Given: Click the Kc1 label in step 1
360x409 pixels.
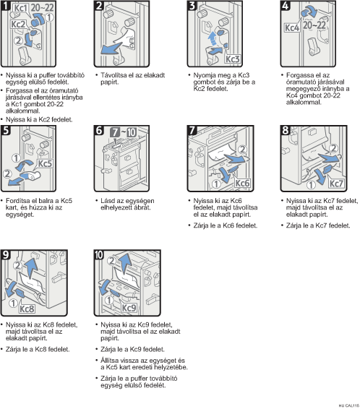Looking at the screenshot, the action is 20,8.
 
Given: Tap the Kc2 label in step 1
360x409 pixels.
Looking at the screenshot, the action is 18,25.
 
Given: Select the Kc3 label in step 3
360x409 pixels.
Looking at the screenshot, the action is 232,59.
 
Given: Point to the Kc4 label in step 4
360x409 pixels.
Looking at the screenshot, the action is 292,27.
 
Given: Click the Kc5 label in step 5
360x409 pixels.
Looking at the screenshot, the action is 45,163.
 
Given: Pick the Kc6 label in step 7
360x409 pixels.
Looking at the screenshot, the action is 242,183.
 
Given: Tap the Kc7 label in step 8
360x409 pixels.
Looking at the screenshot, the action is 336,184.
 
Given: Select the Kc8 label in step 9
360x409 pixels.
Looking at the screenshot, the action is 27,309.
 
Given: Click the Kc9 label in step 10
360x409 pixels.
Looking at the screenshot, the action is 129,308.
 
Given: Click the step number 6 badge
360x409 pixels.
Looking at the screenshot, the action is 99,130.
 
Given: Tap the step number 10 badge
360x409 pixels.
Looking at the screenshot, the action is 99,254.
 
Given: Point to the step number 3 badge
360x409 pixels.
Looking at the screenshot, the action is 192,5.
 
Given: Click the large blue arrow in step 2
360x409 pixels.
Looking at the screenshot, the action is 111,48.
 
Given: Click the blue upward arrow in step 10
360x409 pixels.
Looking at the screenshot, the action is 126,264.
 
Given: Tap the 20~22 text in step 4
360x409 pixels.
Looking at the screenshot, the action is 314,25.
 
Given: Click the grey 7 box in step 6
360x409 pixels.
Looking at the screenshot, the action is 114,132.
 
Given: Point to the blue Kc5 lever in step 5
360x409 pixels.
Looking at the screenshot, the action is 30,176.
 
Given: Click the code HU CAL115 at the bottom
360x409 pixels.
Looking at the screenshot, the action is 348,405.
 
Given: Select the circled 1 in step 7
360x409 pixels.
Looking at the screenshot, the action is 216,184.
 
